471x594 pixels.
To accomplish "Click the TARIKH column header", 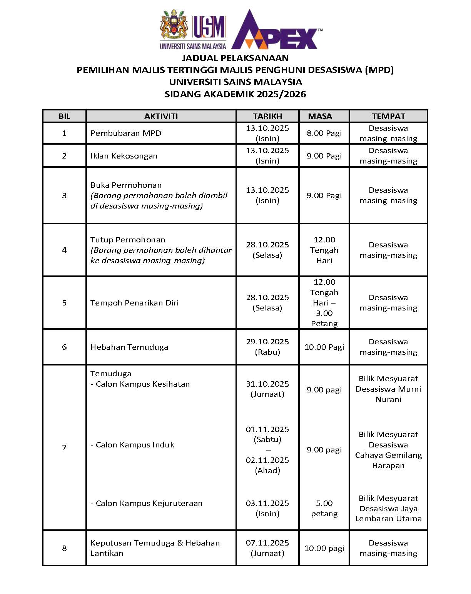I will click(267, 116).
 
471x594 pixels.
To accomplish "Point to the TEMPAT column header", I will click(388, 116).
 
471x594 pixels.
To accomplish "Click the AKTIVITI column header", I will click(161, 116).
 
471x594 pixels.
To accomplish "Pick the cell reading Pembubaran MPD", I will click(126, 133).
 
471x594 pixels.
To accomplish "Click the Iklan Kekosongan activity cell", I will click(124, 156).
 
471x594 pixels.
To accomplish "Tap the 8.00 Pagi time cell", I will click(324, 133).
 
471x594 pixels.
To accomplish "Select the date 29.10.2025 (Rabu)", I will click(267, 347).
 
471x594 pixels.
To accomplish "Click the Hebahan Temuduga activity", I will click(129, 347).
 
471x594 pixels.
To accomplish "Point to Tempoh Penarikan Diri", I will click(135, 303).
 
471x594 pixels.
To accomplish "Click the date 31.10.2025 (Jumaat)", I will click(267, 389).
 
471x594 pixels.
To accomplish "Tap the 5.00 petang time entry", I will click(324, 508).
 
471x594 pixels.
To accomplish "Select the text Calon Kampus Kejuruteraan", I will click(149, 503).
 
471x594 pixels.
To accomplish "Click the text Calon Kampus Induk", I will click(135, 445).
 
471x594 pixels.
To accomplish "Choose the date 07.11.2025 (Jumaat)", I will click(267, 548).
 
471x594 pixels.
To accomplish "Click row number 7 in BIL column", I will click(64, 447).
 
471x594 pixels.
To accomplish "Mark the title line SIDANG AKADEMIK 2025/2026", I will click(235, 94).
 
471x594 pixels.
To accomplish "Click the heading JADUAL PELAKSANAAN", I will click(235, 58).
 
